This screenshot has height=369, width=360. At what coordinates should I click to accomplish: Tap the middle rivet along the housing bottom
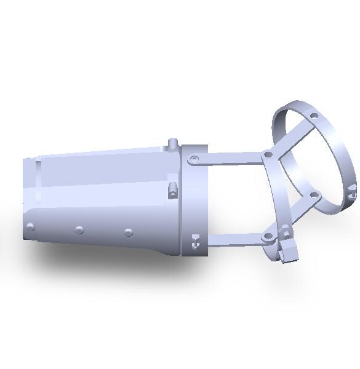79,230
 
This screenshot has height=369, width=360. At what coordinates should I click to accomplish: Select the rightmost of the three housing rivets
128,232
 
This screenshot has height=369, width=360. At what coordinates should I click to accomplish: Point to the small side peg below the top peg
173,189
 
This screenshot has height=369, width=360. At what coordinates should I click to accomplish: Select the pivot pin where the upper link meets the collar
194,159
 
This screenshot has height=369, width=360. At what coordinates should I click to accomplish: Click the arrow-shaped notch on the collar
195,242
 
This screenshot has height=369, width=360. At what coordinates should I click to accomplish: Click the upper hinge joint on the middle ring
268,155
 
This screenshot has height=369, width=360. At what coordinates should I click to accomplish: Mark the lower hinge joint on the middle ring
268,237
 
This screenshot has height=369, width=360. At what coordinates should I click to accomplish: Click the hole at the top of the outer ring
314,116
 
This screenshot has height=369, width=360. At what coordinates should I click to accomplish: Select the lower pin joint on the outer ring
313,195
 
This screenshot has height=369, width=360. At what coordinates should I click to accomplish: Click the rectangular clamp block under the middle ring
287,253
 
